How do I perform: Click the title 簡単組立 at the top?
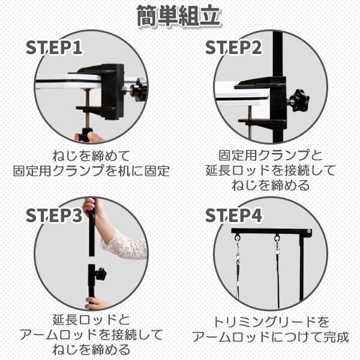(179, 16)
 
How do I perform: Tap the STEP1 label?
(54, 47)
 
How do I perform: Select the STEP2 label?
(233, 47)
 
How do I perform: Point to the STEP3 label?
(54, 215)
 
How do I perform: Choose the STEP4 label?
(233, 215)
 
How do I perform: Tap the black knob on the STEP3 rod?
(101, 274)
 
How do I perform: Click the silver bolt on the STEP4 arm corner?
(308, 231)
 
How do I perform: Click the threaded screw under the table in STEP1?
(88, 109)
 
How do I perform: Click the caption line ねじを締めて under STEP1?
(91, 155)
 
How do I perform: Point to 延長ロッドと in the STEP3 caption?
(91, 320)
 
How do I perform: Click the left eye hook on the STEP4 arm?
(237, 237)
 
